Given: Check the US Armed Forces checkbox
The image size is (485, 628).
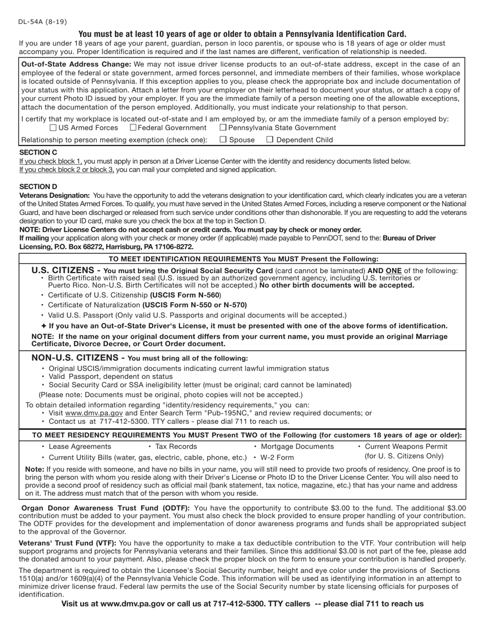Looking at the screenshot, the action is pyautogui.click(x=53, y=128).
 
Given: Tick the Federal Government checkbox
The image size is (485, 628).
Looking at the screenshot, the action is pyautogui.click(x=133, y=128).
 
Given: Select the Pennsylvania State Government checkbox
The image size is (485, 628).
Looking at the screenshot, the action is pyautogui.click(x=223, y=128).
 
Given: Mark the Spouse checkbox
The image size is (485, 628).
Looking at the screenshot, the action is pyautogui.click(x=223, y=139).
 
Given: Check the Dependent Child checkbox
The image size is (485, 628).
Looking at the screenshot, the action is pyautogui.click(x=270, y=139).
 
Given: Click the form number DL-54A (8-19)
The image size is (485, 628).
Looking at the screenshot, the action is pyautogui.click(x=42, y=21).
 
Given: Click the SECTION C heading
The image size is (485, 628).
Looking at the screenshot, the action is pyautogui.click(x=38, y=152).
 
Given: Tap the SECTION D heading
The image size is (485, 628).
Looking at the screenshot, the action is pyautogui.click(x=38, y=186).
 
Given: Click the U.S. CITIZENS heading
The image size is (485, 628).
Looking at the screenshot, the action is pyautogui.click(x=65, y=270).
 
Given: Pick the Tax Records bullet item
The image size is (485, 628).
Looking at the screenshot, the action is pyautogui.click(x=176, y=446).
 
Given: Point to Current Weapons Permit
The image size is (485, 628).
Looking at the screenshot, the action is pyautogui.click(x=406, y=446).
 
